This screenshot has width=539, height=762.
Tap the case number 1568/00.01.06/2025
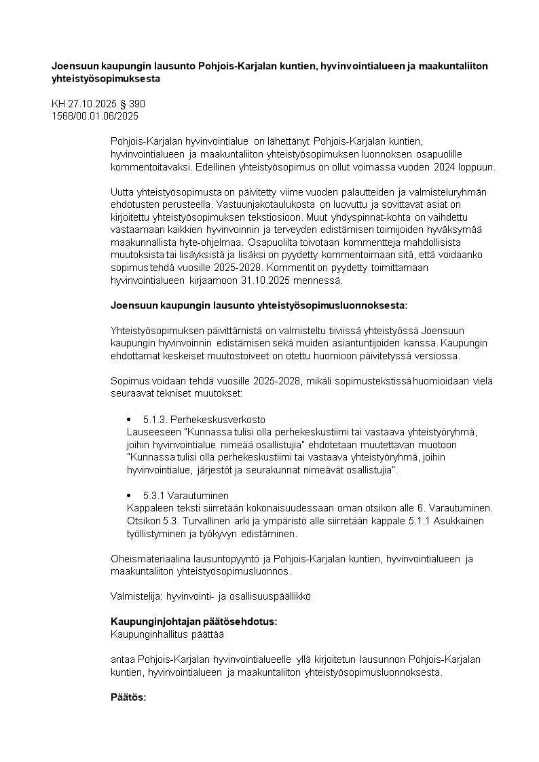click(95, 116)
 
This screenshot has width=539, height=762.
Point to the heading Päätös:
click(128, 697)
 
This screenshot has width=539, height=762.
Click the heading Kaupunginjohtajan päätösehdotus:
click(193, 622)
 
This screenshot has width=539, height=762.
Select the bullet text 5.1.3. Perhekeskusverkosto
click(204, 419)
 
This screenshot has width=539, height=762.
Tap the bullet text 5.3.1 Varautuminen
click(186, 495)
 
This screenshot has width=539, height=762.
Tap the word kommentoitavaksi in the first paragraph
click(149, 166)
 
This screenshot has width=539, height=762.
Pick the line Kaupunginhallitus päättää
click(166, 634)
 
